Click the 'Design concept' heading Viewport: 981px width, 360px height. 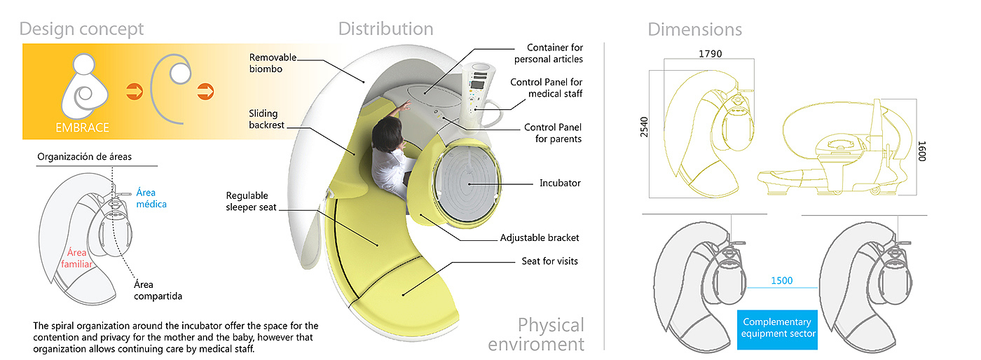tap(81, 29)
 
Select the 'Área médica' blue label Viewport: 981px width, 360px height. tap(151, 198)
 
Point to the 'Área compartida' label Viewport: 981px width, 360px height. tap(158, 290)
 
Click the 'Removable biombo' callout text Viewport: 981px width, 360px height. tap(273, 63)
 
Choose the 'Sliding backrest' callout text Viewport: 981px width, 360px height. tap(263, 119)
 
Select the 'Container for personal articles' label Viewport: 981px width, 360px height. tap(555, 53)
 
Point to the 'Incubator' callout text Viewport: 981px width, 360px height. tap(560, 184)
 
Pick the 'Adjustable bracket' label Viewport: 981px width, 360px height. tap(540, 238)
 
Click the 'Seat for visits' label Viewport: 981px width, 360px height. tap(550, 261)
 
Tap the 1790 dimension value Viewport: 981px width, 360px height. tap(710, 53)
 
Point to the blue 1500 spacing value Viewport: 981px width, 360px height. tap(781, 281)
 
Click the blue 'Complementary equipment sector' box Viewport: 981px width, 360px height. tap(777, 328)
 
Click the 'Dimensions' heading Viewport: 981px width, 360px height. tap(694, 29)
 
